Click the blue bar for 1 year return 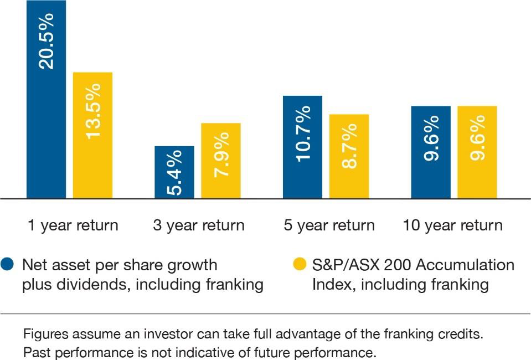[x=46, y=100]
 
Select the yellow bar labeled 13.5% [x=93, y=136]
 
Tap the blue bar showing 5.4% [x=174, y=172]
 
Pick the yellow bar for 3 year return [x=221, y=161]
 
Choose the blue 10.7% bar [x=302, y=147]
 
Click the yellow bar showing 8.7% [x=349, y=157]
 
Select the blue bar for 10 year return [x=431, y=152]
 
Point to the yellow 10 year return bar [x=477, y=152]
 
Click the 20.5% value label [x=46, y=42]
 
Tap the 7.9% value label [x=221, y=155]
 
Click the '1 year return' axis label [x=73, y=225]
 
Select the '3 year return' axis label [x=199, y=225]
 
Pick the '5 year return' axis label [x=329, y=225]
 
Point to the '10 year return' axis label [x=453, y=225]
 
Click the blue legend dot [x=7, y=265]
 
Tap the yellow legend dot [x=300, y=265]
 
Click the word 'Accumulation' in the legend [x=465, y=265]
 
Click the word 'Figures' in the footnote [x=46, y=335]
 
